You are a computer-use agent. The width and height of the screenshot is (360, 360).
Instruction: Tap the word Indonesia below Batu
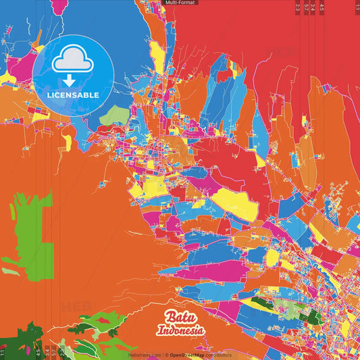pyautogui.click(x=180, y=331)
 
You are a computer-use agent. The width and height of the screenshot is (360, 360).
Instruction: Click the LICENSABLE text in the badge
pyautogui.click(x=73, y=95)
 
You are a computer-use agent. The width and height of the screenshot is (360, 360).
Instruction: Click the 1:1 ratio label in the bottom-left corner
pyautogui.click(x=3, y=352)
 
